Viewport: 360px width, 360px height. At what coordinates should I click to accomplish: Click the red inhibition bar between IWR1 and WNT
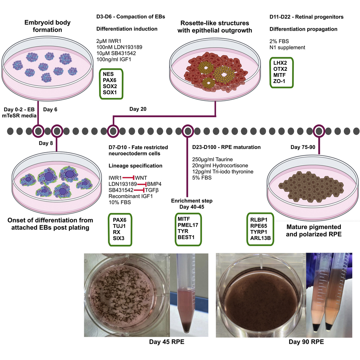pyautogui.click(x=128, y=177)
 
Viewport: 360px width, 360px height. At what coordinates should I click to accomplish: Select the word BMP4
pyautogui.click(x=154, y=184)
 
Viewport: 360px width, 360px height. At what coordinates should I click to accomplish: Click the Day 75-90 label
pyautogui.click(x=305, y=147)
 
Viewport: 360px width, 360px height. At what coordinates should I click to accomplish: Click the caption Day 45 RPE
pyautogui.click(x=167, y=342)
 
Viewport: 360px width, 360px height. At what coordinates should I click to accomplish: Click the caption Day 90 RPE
pyautogui.click(x=306, y=342)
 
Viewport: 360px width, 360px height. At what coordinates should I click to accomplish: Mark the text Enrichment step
pyautogui.click(x=189, y=200)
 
